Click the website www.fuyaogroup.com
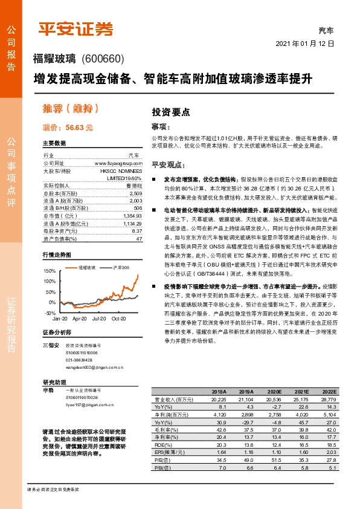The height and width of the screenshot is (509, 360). [118, 163]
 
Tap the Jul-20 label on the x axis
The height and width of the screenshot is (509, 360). [99, 318]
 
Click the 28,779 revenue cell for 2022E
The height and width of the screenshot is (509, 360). [327, 400]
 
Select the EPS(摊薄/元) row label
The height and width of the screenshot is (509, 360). [169, 451]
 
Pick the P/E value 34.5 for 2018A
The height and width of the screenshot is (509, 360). [219, 459]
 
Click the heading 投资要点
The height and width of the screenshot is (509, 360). [170, 112]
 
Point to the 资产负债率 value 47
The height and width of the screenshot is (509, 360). [140, 239]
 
